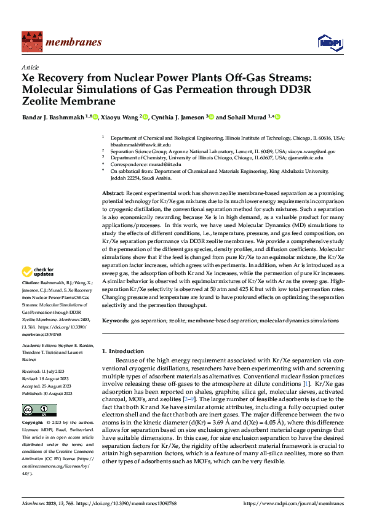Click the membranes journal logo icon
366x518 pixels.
[30, 43]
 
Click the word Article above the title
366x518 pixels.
[30, 66]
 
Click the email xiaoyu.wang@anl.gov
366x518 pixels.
[313, 151]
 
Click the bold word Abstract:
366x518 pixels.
[114, 193]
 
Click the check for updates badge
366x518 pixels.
[39, 271]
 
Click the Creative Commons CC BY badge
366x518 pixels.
[39, 410]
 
